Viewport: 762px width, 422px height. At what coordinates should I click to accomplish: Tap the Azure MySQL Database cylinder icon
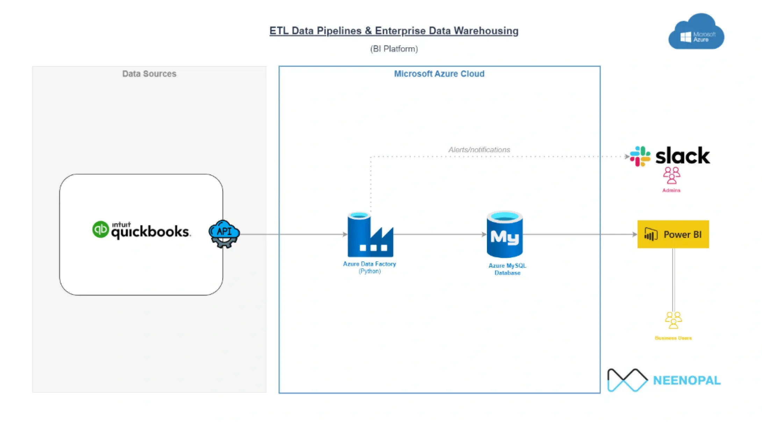click(504, 234)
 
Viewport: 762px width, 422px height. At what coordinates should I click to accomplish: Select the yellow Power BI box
click(673, 234)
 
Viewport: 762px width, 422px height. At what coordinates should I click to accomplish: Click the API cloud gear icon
click(224, 234)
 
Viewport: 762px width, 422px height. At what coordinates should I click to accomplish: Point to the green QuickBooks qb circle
click(100, 230)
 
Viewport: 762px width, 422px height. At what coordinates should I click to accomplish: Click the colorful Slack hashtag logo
click(640, 156)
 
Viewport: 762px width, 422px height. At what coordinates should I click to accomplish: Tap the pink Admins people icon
click(671, 175)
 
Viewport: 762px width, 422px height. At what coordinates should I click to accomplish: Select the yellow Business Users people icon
click(673, 320)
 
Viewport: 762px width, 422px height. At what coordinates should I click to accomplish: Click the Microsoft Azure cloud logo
click(696, 33)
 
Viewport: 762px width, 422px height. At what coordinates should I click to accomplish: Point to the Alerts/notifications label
click(479, 150)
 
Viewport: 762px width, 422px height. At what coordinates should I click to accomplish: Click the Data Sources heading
click(149, 74)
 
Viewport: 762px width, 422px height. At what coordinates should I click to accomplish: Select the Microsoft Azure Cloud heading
click(439, 74)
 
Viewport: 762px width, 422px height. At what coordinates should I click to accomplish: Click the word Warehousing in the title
click(486, 31)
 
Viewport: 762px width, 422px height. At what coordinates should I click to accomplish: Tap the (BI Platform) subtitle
click(394, 49)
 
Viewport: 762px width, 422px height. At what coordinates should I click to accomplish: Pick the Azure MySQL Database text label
click(507, 269)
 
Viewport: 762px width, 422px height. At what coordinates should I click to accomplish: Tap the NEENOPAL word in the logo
click(686, 380)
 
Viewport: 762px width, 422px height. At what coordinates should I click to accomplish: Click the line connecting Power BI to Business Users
click(673, 280)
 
